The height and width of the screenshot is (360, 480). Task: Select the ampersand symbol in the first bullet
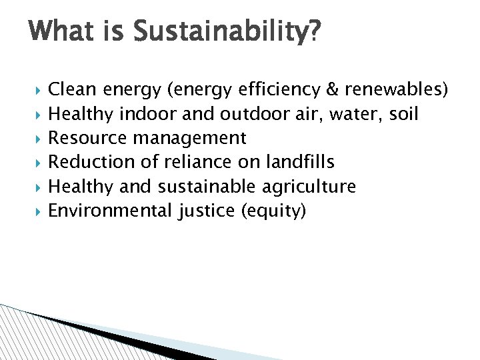[331, 90]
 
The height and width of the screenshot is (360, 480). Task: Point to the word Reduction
[90, 162]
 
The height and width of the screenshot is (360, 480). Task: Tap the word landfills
[300, 162]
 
